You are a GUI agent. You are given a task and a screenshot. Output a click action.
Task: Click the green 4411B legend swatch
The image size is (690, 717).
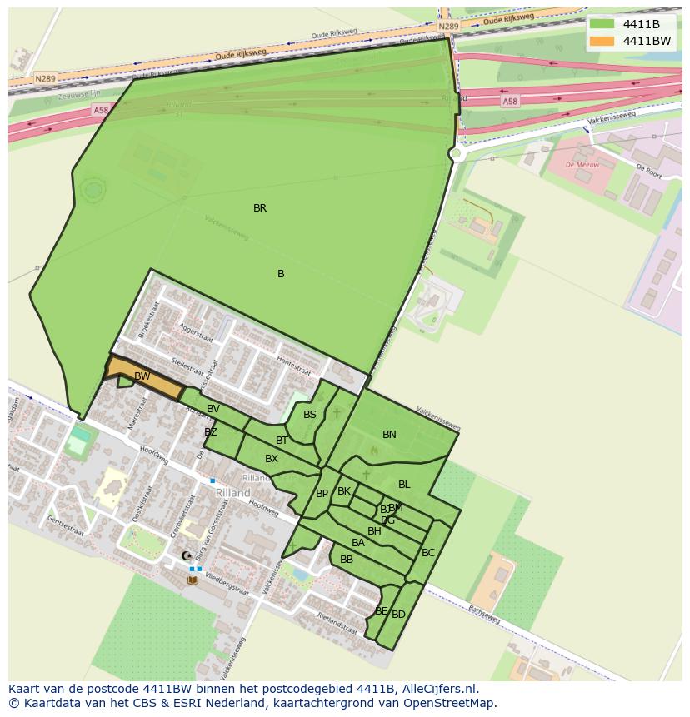[x=602, y=24]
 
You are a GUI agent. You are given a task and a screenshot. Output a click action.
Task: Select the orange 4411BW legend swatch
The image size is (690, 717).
[x=602, y=41]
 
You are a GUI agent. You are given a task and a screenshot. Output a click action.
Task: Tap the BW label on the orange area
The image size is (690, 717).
[x=142, y=376]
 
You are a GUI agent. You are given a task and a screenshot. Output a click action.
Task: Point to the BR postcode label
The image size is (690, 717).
[x=260, y=208]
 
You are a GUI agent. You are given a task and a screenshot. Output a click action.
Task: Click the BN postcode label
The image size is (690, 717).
[x=389, y=435]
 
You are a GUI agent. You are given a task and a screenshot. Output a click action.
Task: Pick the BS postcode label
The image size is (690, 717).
[x=310, y=415]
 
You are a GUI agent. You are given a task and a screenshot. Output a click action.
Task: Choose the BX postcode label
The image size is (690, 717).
[x=272, y=459]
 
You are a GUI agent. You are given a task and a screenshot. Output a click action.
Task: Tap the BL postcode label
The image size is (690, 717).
[x=404, y=485]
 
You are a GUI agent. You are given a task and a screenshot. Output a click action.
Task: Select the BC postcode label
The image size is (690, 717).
[x=428, y=553]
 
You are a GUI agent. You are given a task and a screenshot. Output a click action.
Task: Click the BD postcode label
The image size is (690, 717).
[x=398, y=615]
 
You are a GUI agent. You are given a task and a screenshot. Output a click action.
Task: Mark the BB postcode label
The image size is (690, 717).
[x=347, y=560]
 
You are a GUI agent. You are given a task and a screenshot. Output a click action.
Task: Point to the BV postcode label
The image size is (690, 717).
[x=213, y=409]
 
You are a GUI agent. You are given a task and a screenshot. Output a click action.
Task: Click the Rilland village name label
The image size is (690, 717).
[x=233, y=493]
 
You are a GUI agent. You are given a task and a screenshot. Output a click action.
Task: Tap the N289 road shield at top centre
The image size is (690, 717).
[x=448, y=27]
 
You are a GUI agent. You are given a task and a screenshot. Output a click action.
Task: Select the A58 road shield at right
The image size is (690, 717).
[x=509, y=101]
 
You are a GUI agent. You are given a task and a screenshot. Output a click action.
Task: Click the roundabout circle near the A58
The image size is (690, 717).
[x=456, y=154]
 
